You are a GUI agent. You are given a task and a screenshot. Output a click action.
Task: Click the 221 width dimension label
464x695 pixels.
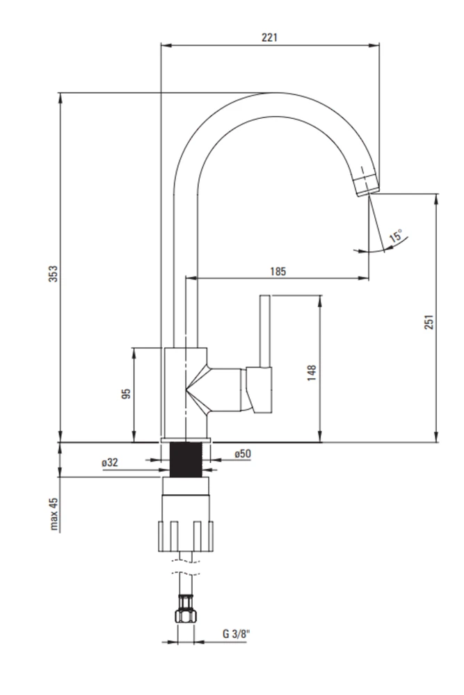pos(269,38)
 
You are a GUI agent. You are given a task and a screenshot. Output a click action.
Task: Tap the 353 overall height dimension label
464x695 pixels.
pos(54,274)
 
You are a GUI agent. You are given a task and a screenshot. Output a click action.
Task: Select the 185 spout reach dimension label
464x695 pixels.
pos(278,271)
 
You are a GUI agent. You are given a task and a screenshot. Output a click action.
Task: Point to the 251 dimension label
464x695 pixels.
pos(429,322)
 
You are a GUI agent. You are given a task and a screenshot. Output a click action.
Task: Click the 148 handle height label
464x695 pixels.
pos(312,373)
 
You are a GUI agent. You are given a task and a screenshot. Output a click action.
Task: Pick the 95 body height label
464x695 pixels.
pos(127,393)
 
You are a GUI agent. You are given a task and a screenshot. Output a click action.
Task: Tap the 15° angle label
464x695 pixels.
pos(396,236)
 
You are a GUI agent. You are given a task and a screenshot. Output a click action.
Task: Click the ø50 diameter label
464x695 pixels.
pos(243,453)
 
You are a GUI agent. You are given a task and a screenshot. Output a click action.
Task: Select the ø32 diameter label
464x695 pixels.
pos(110,462)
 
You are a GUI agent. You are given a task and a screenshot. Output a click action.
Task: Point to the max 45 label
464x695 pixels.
pos(54,514)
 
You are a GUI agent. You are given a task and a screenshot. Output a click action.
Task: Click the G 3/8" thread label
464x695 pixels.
pos(236,634)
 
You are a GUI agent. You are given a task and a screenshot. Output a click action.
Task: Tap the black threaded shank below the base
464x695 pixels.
pos(186,459)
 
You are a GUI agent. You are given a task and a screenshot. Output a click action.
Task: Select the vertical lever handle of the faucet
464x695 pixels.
pos(265,331)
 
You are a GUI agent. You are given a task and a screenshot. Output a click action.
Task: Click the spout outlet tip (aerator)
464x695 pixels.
pos(367,185)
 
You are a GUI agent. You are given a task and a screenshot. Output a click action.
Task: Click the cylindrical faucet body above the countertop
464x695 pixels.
pos(186,393)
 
